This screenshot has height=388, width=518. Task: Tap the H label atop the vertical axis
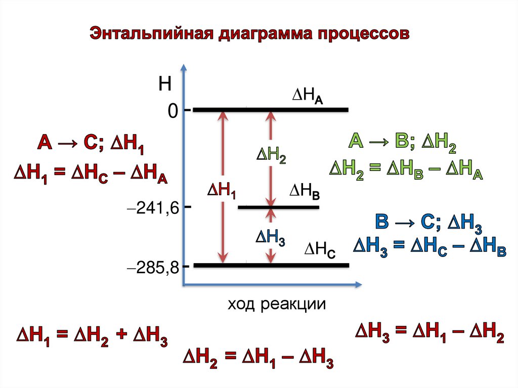tap(165, 84)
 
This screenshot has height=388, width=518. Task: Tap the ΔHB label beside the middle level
tap(304, 192)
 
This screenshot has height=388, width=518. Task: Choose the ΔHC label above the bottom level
tap(319, 249)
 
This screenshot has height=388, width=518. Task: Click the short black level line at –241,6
tap(278, 207)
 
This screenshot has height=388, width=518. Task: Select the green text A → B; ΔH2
tap(403, 143)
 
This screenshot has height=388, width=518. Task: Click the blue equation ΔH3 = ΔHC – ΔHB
tap(429, 247)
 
